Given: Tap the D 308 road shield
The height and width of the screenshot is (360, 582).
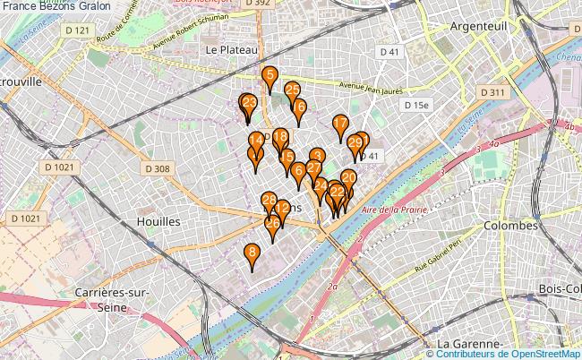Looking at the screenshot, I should pos(156,168).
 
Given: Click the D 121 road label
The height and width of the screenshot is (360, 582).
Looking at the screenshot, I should pos(79,30).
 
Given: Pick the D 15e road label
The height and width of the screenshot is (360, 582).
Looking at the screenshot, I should pos(416,105).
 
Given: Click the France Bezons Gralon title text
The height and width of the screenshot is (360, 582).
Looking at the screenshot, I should pos(56,5).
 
